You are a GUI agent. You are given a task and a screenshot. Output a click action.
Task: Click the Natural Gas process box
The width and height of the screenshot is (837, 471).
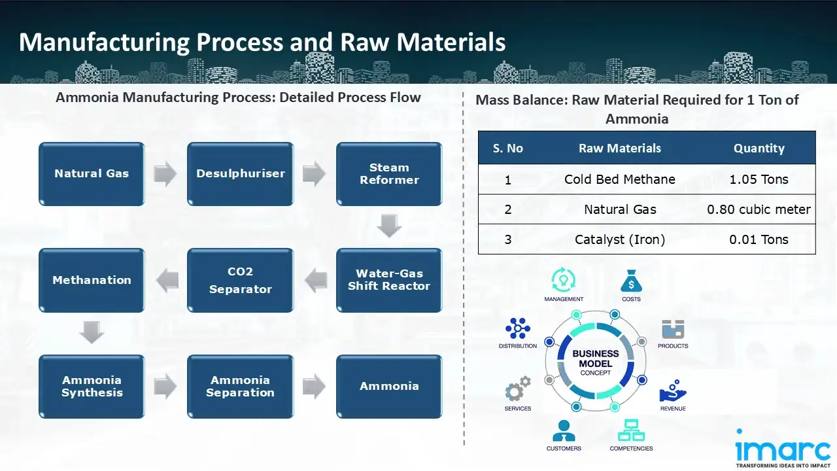(x=92, y=174)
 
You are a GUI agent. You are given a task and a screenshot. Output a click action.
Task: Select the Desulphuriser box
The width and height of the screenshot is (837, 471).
(x=240, y=174)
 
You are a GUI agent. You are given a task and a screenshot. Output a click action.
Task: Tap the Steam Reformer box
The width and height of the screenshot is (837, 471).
(x=389, y=174)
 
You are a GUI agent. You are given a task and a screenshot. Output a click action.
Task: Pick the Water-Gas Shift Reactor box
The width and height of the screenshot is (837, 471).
(x=389, y=280)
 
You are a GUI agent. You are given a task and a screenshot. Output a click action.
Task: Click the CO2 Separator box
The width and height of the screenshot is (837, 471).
(x=240, y=280)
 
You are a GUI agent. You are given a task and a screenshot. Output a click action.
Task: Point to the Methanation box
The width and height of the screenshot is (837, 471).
(x=92, y=280)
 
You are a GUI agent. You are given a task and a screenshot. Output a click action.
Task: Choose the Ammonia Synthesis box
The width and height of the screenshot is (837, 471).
(x=92, y=387)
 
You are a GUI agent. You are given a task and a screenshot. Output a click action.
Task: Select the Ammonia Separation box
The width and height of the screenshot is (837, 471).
(x=240, y=387)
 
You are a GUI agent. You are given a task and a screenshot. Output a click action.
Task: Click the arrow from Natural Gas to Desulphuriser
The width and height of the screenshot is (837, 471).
(x=165, y=174)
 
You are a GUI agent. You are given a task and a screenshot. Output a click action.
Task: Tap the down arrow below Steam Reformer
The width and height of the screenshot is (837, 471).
(x=390, y=226)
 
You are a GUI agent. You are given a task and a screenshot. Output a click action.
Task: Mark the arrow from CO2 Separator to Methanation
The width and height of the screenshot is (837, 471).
(x=166, y=280)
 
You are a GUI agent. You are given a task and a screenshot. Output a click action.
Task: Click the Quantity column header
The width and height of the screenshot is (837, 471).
(x=759, y=148)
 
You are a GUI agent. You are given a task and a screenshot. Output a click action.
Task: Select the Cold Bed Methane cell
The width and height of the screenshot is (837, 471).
(x=619, y=179)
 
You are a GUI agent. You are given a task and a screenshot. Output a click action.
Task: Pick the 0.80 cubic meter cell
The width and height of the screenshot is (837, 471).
(x=759, y=209)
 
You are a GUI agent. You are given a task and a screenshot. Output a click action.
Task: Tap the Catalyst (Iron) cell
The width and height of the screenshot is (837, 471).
(x=619, y=239)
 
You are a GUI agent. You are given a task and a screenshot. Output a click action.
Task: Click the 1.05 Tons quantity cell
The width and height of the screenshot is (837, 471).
(x=759, y=179)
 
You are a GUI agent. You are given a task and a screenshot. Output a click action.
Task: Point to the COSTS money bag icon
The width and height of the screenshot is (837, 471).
(x=631, y=282)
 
